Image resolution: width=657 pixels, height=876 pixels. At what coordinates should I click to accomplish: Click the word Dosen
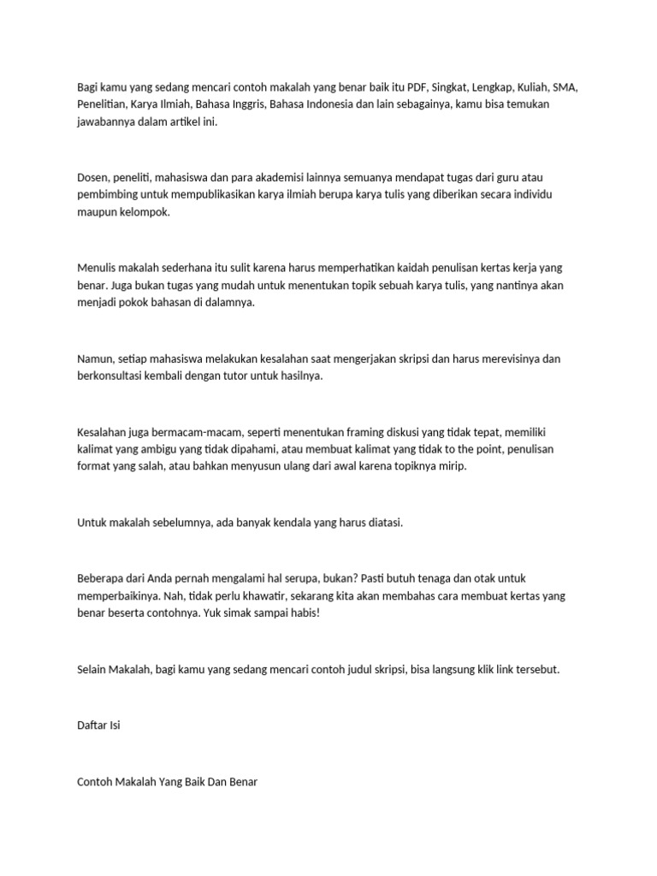[x=92, y=177]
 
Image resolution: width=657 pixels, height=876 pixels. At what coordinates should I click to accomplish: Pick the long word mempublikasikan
[x=190, y=194]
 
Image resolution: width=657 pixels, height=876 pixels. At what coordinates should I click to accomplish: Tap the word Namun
[x=95, y=358]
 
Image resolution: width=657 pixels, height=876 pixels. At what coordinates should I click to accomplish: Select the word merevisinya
[x=507, y=358]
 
